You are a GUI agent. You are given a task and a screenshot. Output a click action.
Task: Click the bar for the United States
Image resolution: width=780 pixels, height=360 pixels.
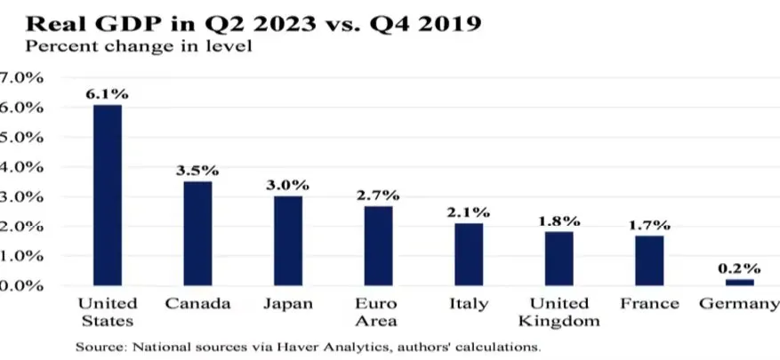[x=107, y=195]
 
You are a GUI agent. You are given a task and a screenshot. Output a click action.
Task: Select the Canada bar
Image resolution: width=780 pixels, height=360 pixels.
[x=197, y=233]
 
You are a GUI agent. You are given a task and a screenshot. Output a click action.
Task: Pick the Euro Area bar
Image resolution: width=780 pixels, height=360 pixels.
[x=377, y=245]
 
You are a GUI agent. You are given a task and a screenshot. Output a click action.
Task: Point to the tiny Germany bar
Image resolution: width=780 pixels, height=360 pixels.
[x=738, y=282]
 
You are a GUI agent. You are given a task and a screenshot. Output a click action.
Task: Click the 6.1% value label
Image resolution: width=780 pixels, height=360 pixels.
[x=108, y=93]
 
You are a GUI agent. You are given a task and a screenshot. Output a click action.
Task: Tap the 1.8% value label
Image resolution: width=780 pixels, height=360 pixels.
[x=559, y=220]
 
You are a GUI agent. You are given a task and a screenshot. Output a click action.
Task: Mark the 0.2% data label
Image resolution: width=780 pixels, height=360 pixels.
[x=739, y=268]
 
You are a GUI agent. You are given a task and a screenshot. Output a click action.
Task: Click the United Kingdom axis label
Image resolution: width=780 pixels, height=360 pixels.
[x=559, y=312]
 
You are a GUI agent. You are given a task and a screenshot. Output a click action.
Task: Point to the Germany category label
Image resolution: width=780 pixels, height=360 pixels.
[x=738, y=304]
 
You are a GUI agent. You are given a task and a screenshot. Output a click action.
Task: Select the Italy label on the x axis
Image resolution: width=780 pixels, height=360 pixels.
[x=468, y=304]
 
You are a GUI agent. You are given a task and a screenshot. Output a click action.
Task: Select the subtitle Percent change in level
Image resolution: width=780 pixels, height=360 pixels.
[x=139, y=46]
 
